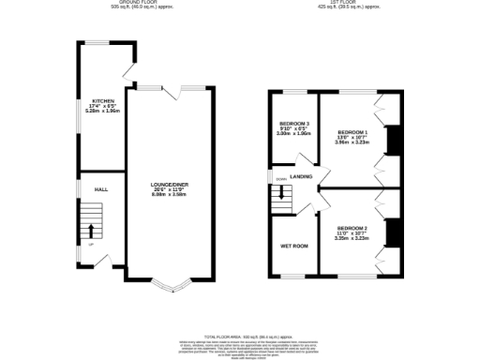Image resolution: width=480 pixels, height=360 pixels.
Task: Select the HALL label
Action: coord(100,188)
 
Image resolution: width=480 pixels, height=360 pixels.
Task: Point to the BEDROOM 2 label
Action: coord(352,229)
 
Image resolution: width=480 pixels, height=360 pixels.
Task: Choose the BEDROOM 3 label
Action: coord(293,124)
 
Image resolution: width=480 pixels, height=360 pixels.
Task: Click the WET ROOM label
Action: coord(293,246)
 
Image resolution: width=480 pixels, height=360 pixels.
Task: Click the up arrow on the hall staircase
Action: coord(91,230)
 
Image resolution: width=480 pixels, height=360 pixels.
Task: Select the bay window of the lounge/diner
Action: coord(171,285)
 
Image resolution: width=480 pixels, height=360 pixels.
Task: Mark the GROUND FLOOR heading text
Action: coord(118,2)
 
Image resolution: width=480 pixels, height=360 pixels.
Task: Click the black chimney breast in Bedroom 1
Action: coord(394,139)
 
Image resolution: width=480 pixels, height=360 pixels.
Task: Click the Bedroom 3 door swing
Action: coord(302,158)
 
